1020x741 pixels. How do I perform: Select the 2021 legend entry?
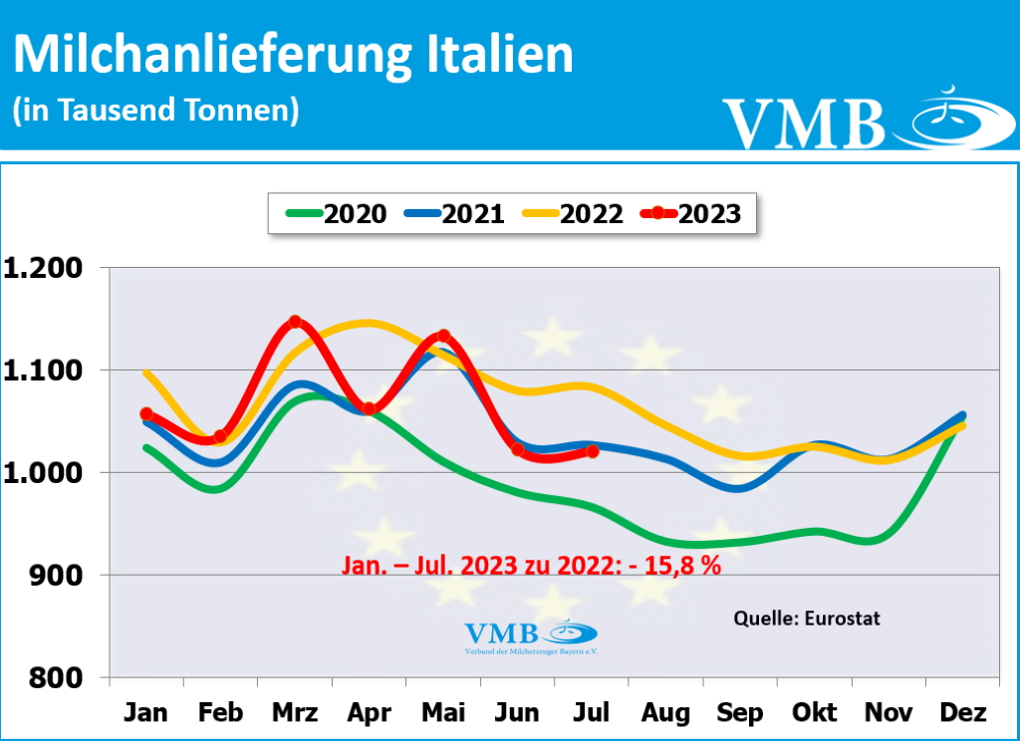(x=453, y=213)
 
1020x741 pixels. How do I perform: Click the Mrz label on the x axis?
(x=295, y=714)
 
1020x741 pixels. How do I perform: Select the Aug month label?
(x=665, y=714)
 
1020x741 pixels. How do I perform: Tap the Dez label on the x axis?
(x=962, y=714)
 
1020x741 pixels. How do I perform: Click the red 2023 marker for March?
(x=295, y=322)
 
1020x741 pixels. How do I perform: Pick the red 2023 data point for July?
(x=592, y=451)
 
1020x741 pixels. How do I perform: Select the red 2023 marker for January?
(x=146, y=413)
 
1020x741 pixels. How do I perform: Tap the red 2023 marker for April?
(x=369, y=408)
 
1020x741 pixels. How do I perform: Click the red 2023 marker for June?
(x=517, y=449)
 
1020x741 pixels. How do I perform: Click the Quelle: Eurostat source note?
(x=807, y=618)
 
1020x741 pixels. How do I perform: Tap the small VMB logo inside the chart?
(x=531, y=634)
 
